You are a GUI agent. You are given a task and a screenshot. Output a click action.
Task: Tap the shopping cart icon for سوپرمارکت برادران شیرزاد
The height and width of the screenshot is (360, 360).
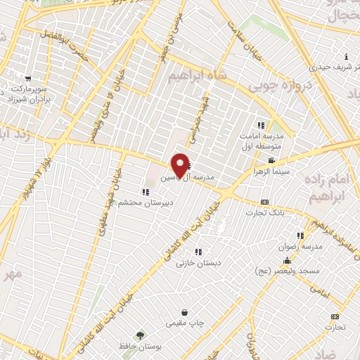tap(28, 79)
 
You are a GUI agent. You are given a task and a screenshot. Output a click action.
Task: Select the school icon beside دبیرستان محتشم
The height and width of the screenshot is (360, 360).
tap(145, 191)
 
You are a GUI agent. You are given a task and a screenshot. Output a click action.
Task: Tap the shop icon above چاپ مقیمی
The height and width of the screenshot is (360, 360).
tap(185, 312)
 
